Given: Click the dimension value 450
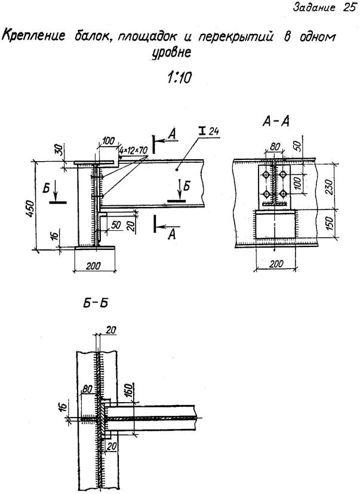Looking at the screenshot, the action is (x=29, y=209).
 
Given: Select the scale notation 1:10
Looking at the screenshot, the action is (x=179, y=77).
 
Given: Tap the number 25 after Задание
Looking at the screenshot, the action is (x=349, y=8).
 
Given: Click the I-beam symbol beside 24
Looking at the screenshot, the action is (x=202, y=130).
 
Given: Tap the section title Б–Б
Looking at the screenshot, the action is (x=96, y=304).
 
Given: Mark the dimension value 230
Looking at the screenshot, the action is (x=329, y=187).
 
